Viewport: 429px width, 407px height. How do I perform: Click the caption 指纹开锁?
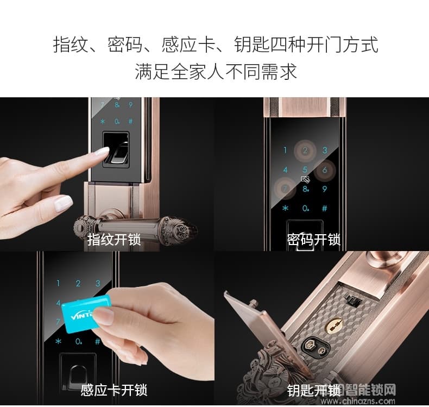coord(114,240)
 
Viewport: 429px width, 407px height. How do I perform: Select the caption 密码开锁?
coord(313,240)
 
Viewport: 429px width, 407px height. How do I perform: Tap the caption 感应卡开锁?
coord(114,390)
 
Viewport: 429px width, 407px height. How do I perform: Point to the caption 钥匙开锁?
coord(313,390)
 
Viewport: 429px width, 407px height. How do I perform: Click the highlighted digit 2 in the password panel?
coord(305,150)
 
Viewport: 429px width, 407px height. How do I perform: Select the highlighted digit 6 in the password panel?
coord(325,170)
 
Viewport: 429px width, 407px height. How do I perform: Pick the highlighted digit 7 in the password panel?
coord(285,189)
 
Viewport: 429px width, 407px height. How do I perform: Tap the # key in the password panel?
coord(325,208)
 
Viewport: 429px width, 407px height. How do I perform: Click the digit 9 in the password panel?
coord(325,189)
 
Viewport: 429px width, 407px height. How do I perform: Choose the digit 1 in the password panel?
coord(285,151)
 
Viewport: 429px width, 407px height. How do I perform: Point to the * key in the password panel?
coord(285,208)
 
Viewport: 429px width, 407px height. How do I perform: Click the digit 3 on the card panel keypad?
coord(98,283)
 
